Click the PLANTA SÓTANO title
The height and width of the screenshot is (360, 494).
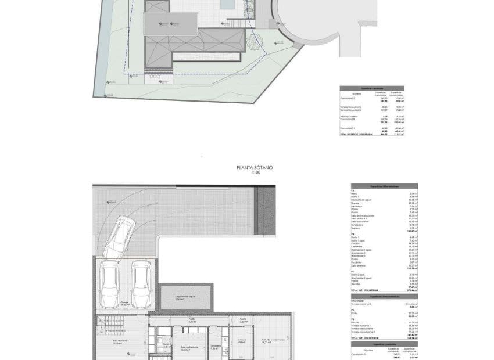255,167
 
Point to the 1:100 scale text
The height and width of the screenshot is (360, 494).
255,172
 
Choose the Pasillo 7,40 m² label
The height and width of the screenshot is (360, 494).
192,321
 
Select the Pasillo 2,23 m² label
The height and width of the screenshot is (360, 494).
244,321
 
